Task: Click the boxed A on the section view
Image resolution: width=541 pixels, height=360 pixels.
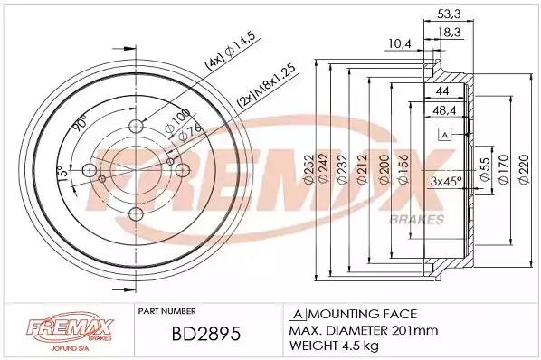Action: point(444,136)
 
